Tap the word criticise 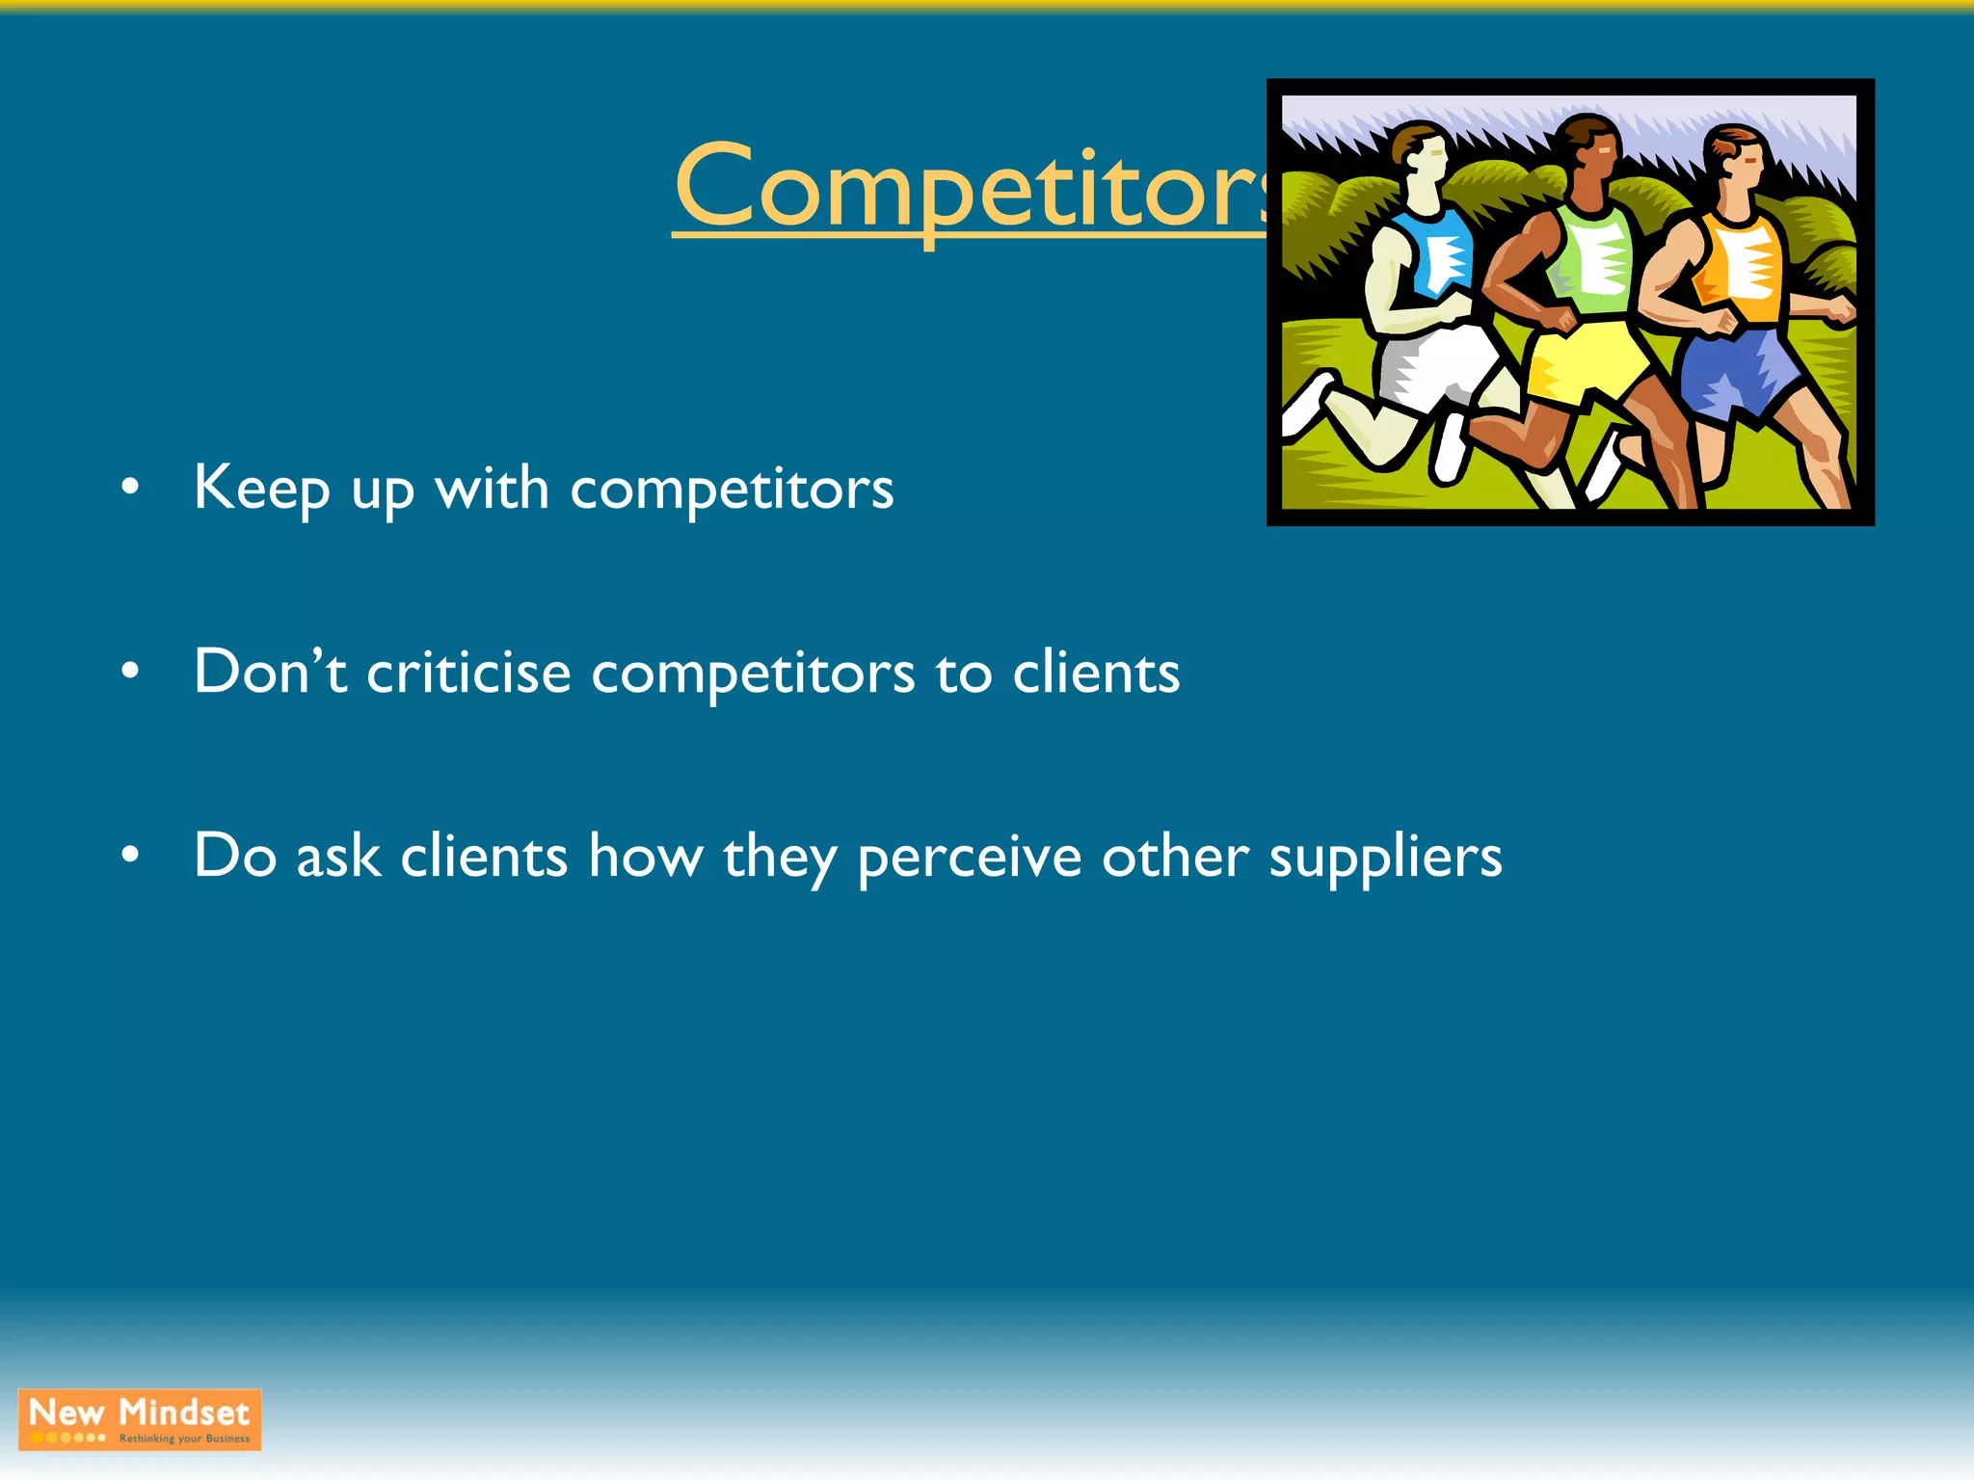click(x=468, y=673)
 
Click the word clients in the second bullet click(x=1096, y=673)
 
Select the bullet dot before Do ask click(x=130, y=856)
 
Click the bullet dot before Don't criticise click(x=130, y=672)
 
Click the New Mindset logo click(x=140, y=1419)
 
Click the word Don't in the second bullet click(x=269, y=672)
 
